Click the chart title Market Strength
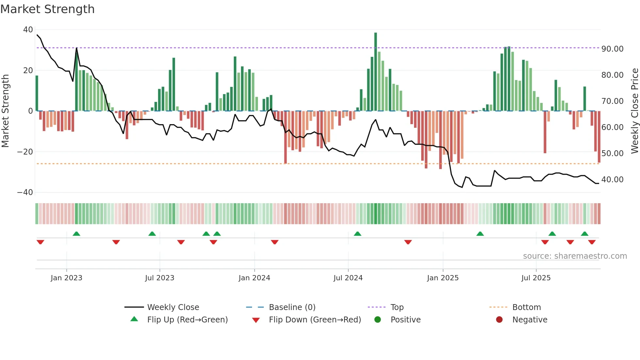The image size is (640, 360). pos(47,9)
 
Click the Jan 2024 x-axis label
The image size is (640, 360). pos(254,278)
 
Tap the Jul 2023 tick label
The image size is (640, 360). pos(160,278)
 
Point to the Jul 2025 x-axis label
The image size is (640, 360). pos(536,278)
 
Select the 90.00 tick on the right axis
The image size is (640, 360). pos(612,49)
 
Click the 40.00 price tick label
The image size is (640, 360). pos(612,180)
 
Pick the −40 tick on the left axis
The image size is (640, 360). pos(25,192)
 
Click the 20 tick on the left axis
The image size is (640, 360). pos(28,71)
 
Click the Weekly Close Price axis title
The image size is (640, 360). pos(634,111)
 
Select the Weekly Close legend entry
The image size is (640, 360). pos(173,307)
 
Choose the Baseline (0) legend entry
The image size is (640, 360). pos(292,307)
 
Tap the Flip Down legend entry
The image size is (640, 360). pos(314,320)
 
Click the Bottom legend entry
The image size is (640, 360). pos(526,307)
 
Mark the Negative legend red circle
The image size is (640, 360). pos(499,320)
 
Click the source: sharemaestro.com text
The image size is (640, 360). pos(575,256)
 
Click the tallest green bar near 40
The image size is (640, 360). pos(376,72)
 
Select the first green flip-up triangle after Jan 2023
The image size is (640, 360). pos(76,234)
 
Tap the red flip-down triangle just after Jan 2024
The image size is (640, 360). pos(275,242)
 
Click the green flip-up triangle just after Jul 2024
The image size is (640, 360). pos(358,234)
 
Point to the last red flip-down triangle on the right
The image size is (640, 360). pos(592,242)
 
